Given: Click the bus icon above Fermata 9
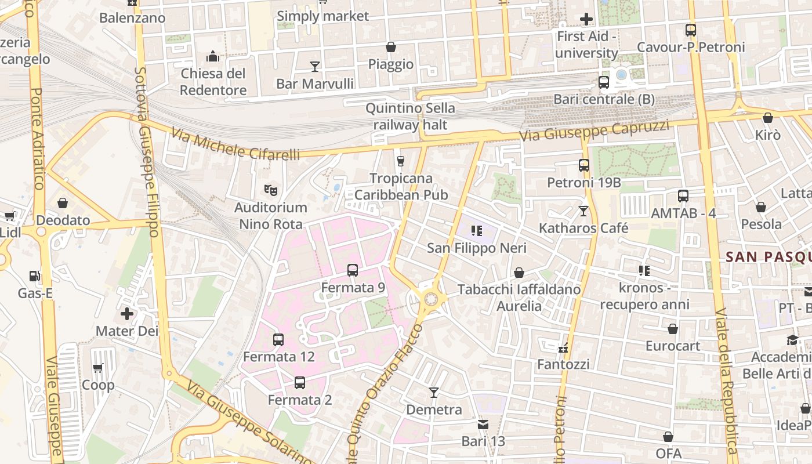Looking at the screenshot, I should [x=352, y=270].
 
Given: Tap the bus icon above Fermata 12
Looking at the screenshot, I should [x=278, y=339].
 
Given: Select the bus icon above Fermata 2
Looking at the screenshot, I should [x=299, y=383].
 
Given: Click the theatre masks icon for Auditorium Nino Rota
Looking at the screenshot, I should [x=270, y=189].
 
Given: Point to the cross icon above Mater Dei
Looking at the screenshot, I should [x=127, y=314].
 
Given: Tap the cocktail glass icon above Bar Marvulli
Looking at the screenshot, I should [x=314, y=66].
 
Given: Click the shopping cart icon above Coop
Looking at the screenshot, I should [x=98, y=368].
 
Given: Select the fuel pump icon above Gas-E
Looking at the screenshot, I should [x=35, y=276].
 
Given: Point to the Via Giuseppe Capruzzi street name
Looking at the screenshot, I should [x=594, y=131].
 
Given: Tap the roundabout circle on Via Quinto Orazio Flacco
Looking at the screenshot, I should [x=430, y=299].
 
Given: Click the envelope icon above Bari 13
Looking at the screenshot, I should [x=483, y=425].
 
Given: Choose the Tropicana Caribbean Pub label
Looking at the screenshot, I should [x=401, y=186].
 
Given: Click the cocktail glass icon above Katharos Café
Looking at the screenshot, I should [x=583, y=211].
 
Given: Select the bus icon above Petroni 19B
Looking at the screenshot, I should [x=583, y=165].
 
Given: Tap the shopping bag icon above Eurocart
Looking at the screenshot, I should [x=673, y=329].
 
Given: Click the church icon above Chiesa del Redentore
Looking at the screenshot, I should [x=213, y=56].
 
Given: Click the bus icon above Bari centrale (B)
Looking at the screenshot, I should [x=603, y=82].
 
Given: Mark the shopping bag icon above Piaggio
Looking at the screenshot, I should [x=391, y=47].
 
